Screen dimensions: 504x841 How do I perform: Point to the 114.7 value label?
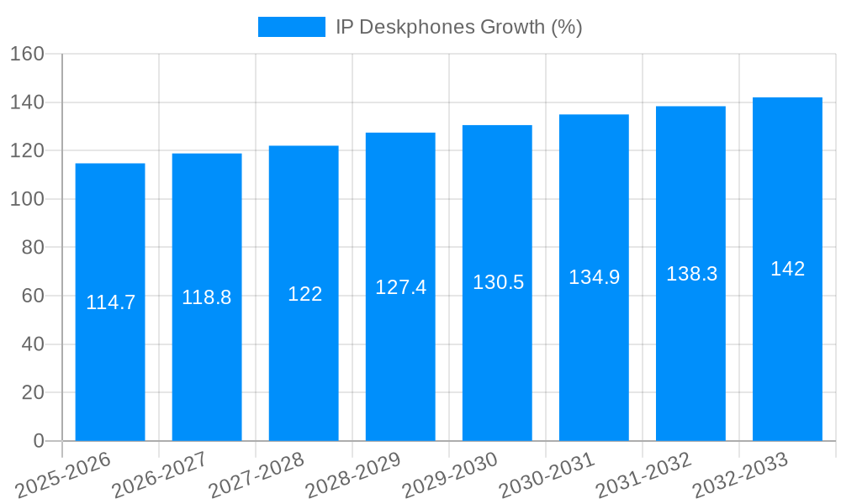[110, 302]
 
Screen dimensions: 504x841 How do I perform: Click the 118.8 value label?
[207, 297]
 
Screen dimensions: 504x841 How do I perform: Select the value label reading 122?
[304, 294]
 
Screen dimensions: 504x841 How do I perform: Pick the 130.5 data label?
[498, 282]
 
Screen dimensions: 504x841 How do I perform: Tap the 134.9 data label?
[595, 277]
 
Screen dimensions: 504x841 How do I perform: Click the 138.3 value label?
[691, 273]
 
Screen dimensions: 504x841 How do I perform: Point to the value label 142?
[788, 269]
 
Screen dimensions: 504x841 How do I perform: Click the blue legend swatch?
[291, 27]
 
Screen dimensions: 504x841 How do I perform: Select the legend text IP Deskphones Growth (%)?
[458, 27]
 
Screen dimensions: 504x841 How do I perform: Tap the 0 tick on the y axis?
[37, 441]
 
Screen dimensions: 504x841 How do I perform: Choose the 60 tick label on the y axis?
[31, 296]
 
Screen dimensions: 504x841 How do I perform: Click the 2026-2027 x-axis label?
[160, 475]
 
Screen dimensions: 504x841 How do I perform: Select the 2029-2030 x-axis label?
[450, 475]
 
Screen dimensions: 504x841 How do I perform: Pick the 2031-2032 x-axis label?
[643, 475]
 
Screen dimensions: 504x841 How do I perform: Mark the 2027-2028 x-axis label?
[257, 475]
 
